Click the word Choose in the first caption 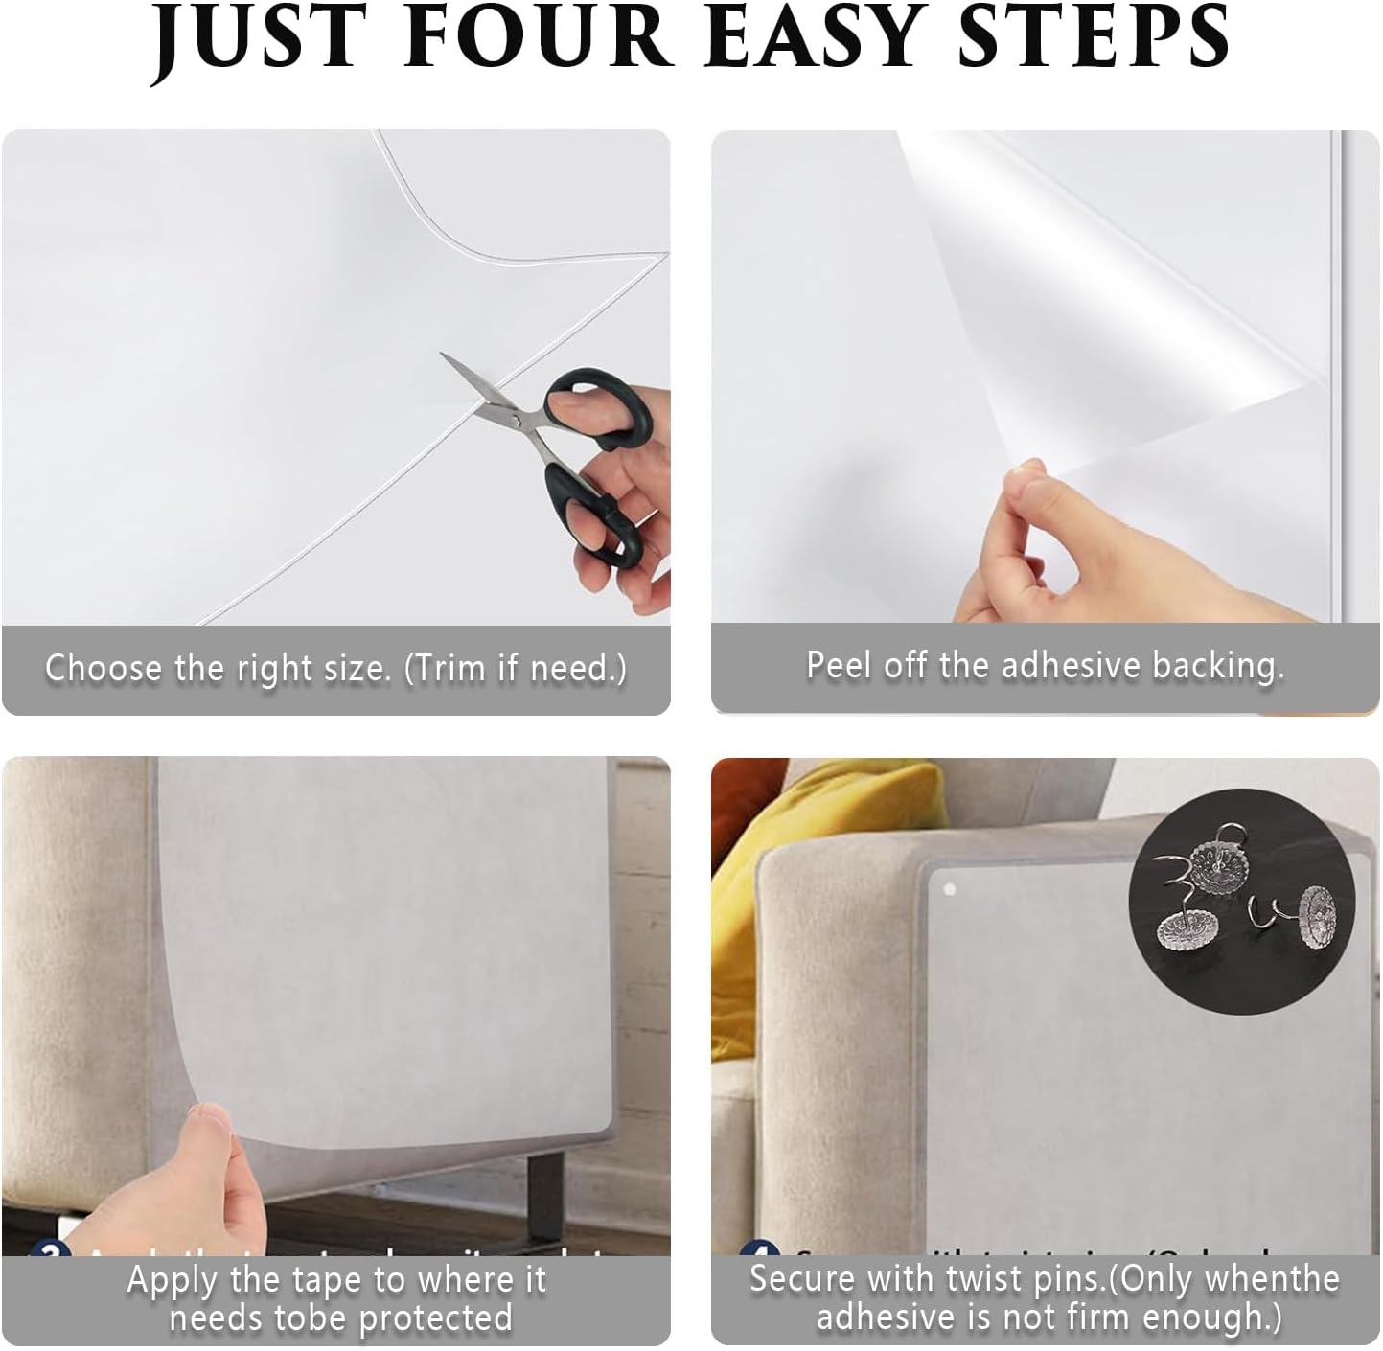tap(104, 668)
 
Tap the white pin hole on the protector tap(950, 890)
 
